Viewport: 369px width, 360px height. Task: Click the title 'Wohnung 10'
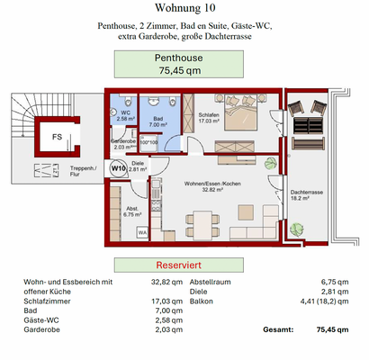point(184,10)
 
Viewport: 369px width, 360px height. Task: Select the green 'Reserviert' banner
point(184,265)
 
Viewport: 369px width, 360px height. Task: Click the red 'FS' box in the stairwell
point(56,138)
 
